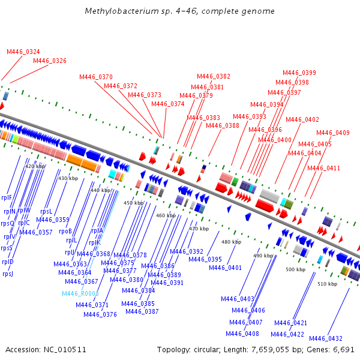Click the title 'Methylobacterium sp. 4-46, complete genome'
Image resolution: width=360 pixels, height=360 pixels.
179,11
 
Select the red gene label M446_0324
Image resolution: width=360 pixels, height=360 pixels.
23,52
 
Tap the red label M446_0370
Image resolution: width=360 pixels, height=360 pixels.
96,77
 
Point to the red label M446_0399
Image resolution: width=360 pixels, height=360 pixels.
299,73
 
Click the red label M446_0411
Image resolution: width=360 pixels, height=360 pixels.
323,168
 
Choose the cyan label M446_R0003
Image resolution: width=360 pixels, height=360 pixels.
80,293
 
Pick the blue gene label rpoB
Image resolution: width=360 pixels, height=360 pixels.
65,231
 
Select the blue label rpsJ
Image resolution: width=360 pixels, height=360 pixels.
8,274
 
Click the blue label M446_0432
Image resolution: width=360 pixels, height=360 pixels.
326,338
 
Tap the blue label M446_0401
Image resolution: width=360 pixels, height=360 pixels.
225,268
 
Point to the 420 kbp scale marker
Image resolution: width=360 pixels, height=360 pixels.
35,166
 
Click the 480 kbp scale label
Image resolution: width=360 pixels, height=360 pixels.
231,242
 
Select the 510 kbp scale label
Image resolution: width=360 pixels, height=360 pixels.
328,284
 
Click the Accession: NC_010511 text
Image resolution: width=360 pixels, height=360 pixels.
46,350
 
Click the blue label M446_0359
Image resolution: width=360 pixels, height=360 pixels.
53,220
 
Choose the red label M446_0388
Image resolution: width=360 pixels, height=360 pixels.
223,125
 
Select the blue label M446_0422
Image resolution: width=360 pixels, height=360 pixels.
287,334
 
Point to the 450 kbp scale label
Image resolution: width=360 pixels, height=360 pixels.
133,203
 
